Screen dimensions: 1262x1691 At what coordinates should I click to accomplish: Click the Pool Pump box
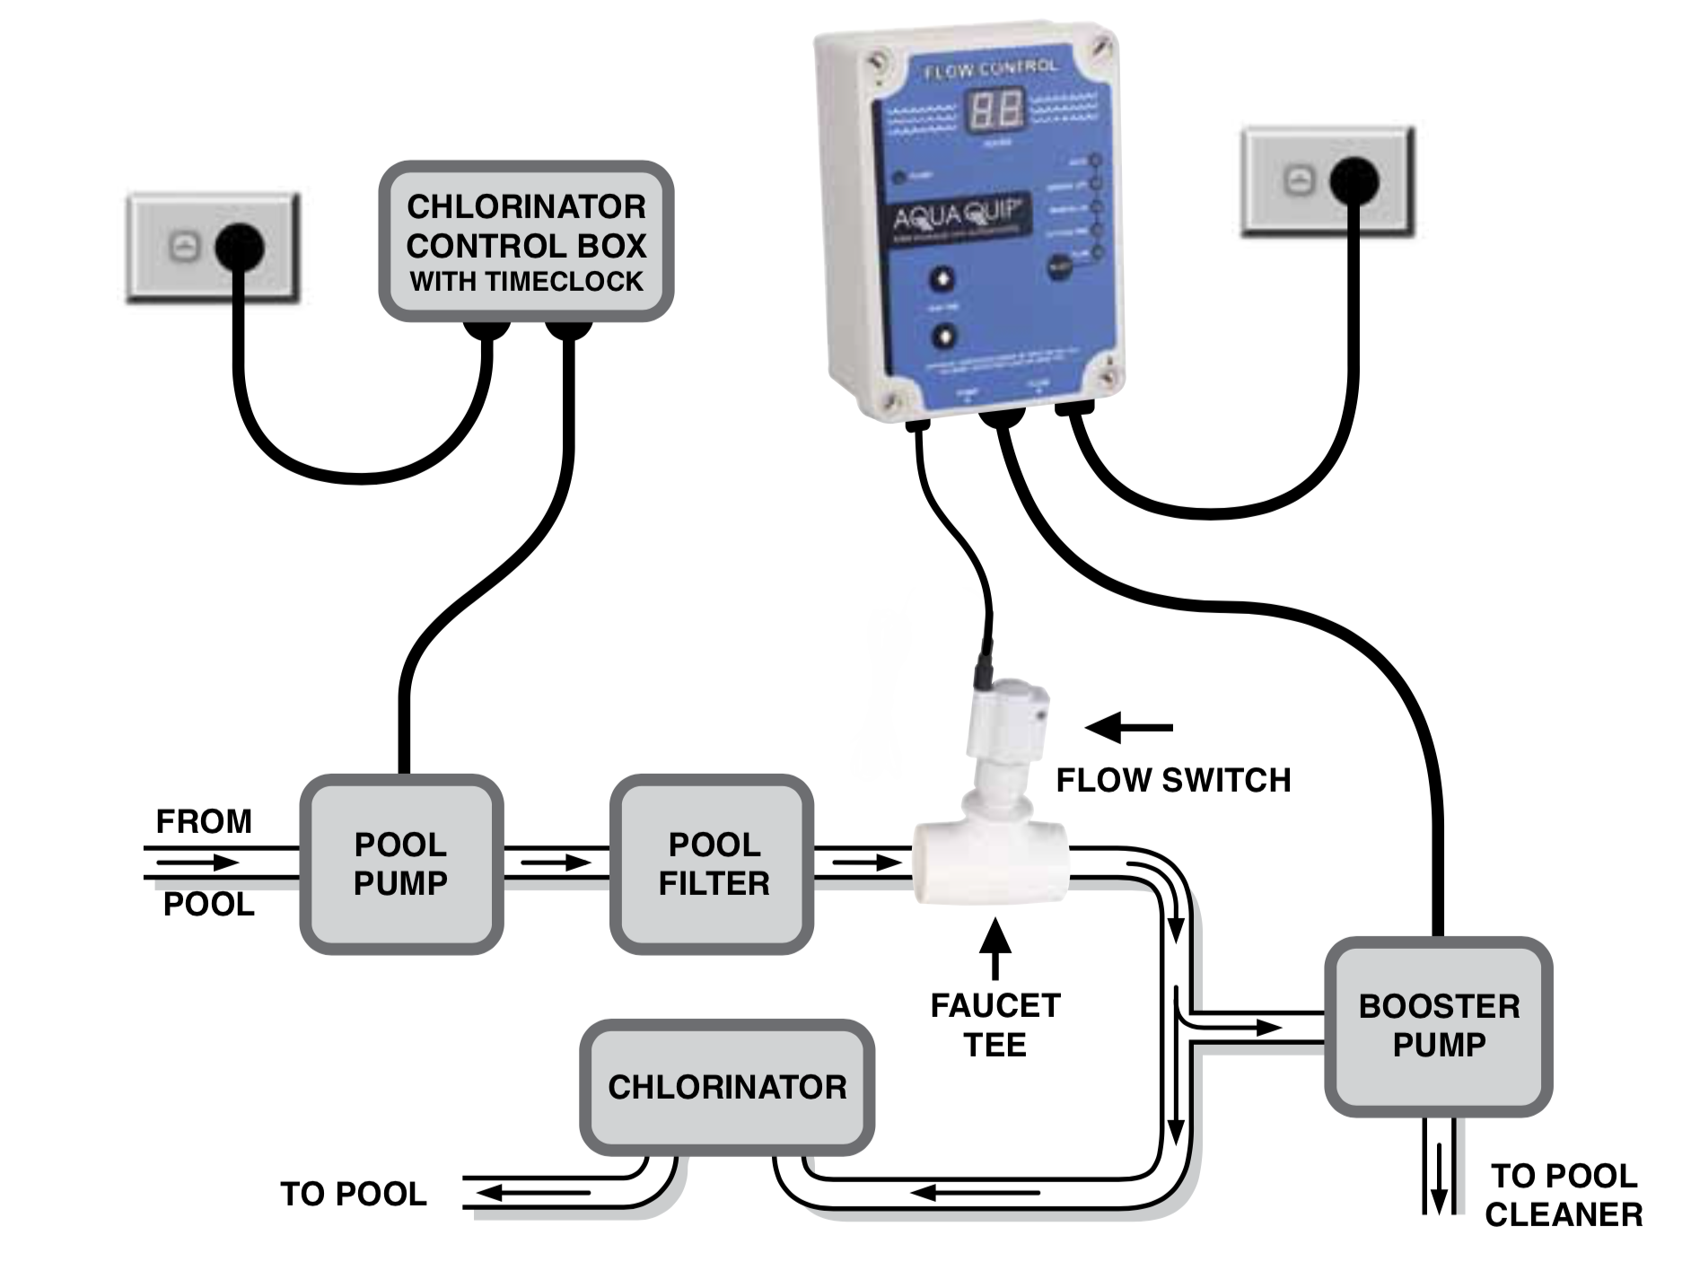click(400, 863)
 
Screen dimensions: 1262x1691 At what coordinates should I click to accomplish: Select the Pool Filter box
click(713, 863)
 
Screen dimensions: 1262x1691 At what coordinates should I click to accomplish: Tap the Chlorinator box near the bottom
click(727, 1087)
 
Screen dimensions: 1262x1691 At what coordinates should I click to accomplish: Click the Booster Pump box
click(1439, 1026)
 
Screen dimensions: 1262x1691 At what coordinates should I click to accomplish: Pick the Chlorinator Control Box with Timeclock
click(526, 242)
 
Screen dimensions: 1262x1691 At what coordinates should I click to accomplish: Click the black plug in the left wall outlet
click(239, 246)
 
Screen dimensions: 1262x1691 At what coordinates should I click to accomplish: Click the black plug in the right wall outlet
click(1354, 182)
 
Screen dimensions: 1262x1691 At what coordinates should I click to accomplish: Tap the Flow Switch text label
click(1173, 780)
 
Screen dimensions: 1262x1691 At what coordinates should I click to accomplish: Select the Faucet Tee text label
click(994, 1025)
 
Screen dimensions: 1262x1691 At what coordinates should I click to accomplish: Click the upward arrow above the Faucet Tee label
click(994, 948)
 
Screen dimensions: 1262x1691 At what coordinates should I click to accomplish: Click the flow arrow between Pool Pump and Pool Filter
click(555, 863)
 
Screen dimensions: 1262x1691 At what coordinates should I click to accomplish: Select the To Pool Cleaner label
click(1564, 1195)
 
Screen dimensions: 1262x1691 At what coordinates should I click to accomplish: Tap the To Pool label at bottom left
click(354, 1194)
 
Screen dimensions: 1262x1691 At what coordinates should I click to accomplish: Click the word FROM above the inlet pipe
click(204, 821)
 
